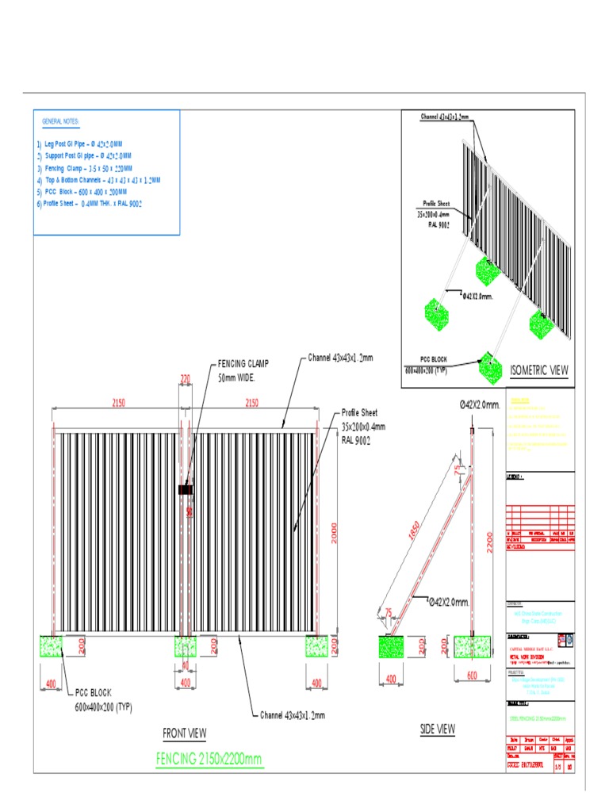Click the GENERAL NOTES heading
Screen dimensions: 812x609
[60, 121]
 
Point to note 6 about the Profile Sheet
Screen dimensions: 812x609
[89, 204]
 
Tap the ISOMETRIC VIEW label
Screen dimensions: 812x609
[539, 370]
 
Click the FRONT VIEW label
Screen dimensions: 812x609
[184, 733]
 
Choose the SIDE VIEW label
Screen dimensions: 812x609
[437, 729]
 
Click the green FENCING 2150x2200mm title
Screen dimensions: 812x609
[209, 760]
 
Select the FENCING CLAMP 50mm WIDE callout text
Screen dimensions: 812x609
[243, 370]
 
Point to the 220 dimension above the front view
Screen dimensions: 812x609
[186, 380]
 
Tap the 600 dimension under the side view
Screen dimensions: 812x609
[471, 675]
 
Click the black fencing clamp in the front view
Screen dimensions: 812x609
[186, 491]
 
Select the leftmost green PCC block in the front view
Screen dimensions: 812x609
[52, 646]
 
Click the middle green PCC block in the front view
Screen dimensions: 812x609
[186, 646]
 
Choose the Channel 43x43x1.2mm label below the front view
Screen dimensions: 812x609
[293, 715]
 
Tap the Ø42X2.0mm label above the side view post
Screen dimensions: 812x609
[480, 405]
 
